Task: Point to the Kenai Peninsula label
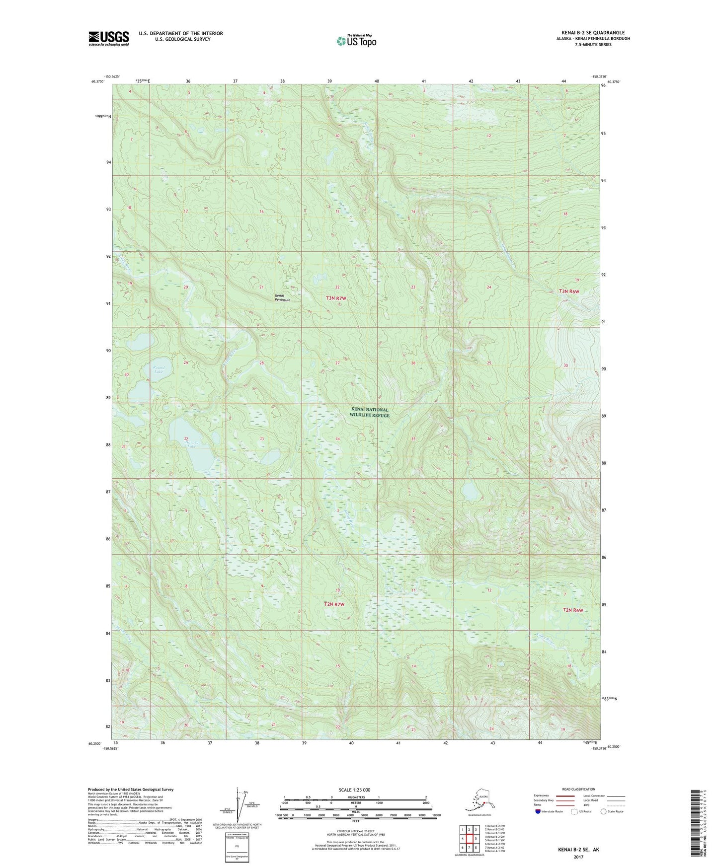[x=282, y=298]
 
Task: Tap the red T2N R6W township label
[x=572, y=610]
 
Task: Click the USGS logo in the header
[x=108, y=38]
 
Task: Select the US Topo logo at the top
[x=356, y=40]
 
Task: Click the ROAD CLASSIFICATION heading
[x=578, y=789]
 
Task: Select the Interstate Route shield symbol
[x=538, y=811]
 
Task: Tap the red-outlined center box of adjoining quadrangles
[x=469, y=839]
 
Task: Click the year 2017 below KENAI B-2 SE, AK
[x=578, y=857]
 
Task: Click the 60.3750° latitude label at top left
[x=97, y=82]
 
